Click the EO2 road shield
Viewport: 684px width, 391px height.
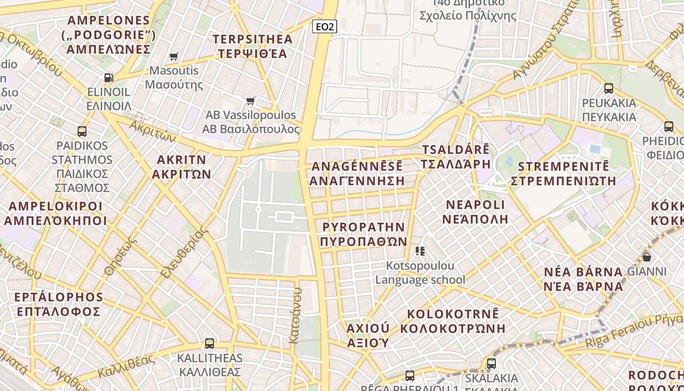tap(324, 26)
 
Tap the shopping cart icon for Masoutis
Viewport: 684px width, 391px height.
tap(173, 57)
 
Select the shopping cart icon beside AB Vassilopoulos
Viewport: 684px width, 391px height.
tap(251, 101)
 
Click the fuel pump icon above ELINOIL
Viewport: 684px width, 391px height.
tap(108, 77)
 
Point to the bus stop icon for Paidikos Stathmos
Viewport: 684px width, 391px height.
tap(82, 131)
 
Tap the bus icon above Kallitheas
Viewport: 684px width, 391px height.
tap(210, 343)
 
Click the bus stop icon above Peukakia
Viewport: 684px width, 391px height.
tap(609, 88)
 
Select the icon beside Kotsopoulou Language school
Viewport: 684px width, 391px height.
tap(420, 251)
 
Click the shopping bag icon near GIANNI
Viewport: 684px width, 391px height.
tap(647, 257)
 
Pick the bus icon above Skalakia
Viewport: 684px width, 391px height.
tap(492, 364)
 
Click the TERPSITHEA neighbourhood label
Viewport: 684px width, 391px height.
tap(253, 46)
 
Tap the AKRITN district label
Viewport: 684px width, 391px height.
tap(182, 167)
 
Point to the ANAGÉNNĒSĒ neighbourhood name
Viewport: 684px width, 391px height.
tap(357, 173)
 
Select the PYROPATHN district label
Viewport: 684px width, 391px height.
tap(364, 234)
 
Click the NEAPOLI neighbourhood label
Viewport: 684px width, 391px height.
tap(475, 211)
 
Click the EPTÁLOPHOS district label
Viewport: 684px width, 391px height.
tap(59, 304)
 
